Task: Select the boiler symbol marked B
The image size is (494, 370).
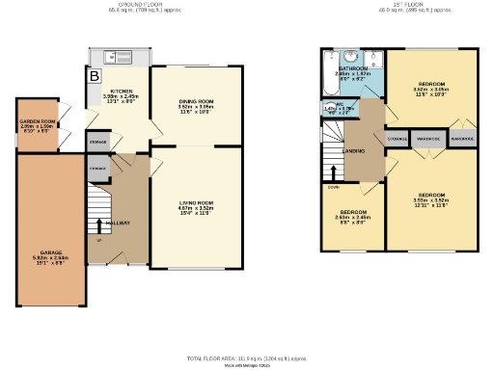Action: (x=95, y=75)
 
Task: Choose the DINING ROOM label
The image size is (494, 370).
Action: (x=196, y=105)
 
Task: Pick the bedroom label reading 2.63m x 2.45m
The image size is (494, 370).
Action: (x=352, y=215)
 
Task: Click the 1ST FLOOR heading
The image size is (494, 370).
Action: (x=397, y=4)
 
